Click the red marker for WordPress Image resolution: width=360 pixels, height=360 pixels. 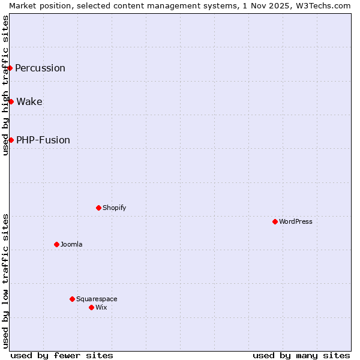275,221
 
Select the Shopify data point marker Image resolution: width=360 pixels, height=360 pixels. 98,208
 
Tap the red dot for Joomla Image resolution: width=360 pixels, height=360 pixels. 56,244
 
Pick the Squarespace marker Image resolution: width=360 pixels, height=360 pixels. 72,299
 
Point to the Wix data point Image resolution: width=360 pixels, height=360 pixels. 91,307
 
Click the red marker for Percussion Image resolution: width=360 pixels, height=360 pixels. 10,68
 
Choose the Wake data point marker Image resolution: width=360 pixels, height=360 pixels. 11,101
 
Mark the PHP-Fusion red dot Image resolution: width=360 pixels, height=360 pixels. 11,140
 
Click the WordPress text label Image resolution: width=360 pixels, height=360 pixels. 296,221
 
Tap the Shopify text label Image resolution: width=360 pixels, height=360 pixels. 114,208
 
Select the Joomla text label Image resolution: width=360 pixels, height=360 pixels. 71,244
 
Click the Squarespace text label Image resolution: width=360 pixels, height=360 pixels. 97,299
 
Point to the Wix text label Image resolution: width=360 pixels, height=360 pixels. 101,307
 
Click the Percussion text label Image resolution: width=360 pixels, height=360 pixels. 40,68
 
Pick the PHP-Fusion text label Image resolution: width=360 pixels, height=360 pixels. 43,140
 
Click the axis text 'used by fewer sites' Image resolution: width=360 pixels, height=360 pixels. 62,355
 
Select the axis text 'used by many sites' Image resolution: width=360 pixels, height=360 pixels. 301,355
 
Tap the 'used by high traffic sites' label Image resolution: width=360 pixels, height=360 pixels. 5,85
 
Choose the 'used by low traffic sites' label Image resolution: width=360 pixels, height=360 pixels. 5,280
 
